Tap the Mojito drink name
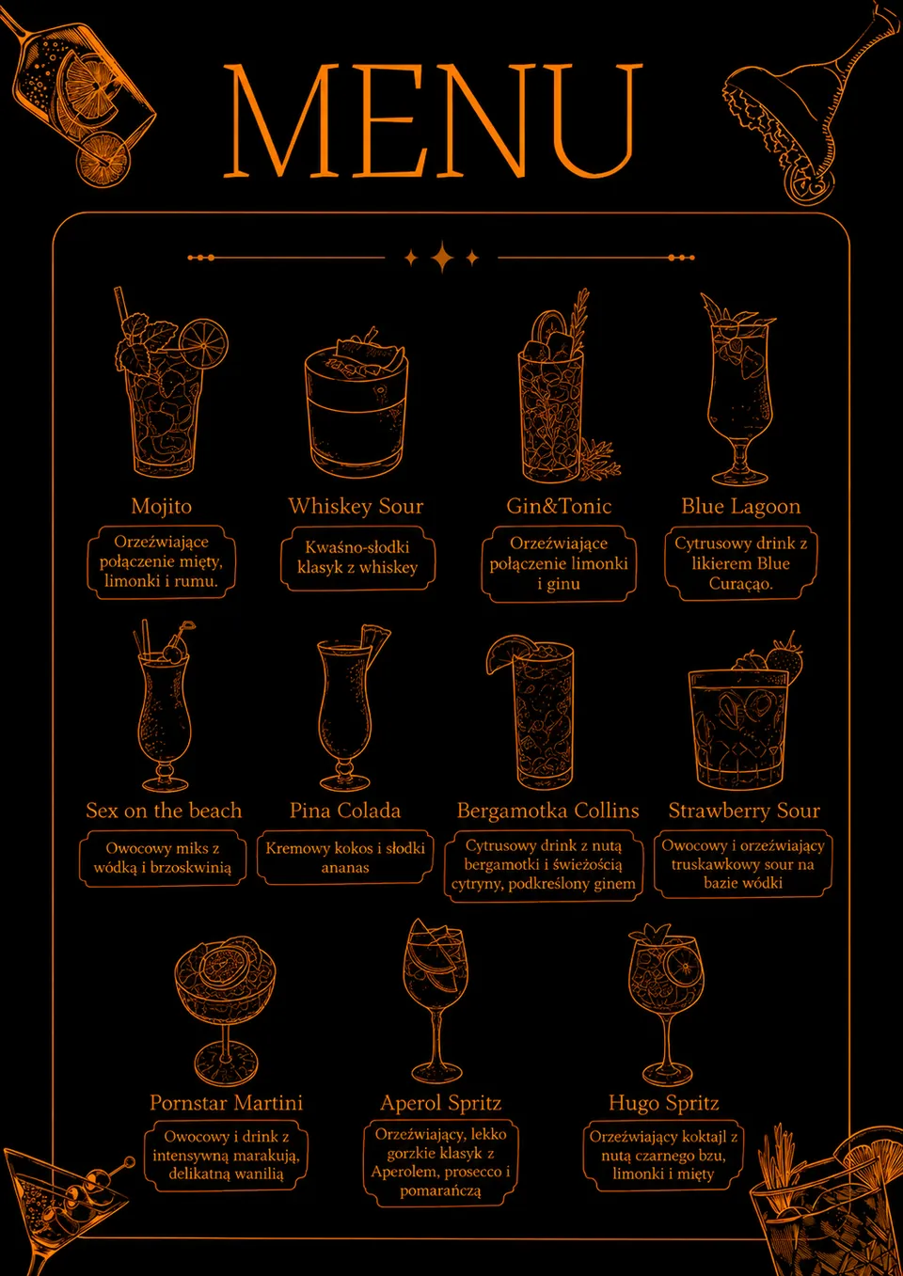(161, 506)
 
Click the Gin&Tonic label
(559, 506)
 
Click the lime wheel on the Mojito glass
(203, 345)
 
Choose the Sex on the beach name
(164, 810)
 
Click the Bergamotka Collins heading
(547, 810)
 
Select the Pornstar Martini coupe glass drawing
(225, 1010)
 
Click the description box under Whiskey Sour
(357, 558)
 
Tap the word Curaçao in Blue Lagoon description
(740, 584)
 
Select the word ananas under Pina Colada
(344, 868)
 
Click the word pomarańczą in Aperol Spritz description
(440, 1191)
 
